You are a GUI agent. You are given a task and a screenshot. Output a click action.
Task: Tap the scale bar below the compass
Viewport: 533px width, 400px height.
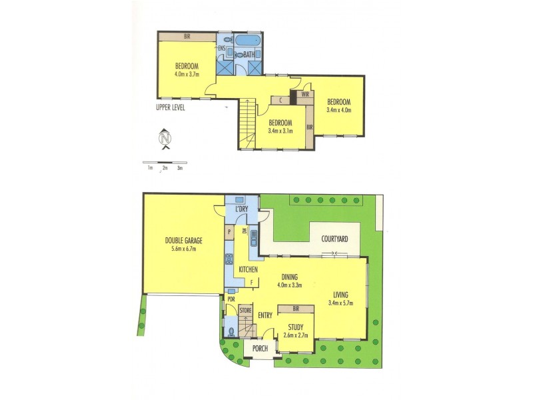pos(165,163)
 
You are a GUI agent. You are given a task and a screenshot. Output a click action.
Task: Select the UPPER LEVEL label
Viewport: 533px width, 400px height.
pos(170,107)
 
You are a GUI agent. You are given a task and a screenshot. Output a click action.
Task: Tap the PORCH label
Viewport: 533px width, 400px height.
pos(260,349)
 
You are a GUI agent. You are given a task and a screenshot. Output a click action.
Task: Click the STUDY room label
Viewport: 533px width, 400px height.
pos(296,327)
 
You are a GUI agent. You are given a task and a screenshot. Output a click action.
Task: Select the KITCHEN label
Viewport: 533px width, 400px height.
pos(247,269)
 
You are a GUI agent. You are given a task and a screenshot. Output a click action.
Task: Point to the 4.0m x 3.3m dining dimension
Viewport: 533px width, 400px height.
pos(289,285)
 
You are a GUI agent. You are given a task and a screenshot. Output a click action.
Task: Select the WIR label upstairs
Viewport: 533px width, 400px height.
pos(305,95)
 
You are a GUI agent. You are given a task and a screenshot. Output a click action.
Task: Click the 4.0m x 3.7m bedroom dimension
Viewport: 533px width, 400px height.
pos(187,74)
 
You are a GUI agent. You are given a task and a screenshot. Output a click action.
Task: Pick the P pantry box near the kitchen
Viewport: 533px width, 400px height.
pos(229,233)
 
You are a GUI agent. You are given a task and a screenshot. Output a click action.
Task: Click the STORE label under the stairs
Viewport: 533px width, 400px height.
pos(245,311)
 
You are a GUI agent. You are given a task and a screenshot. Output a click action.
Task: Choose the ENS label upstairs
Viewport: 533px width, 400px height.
pos(221,48)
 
